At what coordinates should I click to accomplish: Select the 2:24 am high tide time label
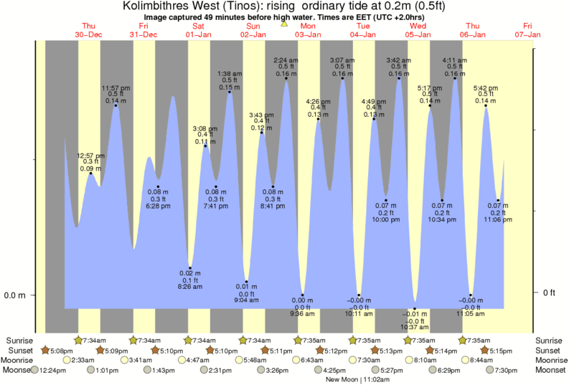pos(286,60)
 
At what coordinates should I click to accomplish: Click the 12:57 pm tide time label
pos(90,156)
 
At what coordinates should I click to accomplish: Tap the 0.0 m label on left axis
pos(15,295)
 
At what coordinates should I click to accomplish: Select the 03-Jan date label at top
pos(309,34)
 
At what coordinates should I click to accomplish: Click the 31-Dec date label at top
pos(144,34)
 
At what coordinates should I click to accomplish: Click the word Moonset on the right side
pos(550,370)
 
